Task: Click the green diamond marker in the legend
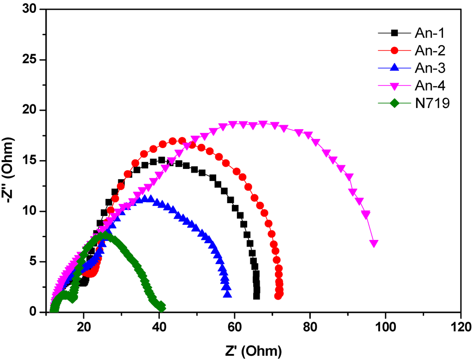click(394, 103)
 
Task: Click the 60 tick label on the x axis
click(234, 325)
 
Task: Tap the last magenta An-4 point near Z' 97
click(374, 243)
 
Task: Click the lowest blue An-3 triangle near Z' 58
click(227, 294)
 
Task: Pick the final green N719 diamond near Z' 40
click(161, 307)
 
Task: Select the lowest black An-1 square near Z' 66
click(257, 296)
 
